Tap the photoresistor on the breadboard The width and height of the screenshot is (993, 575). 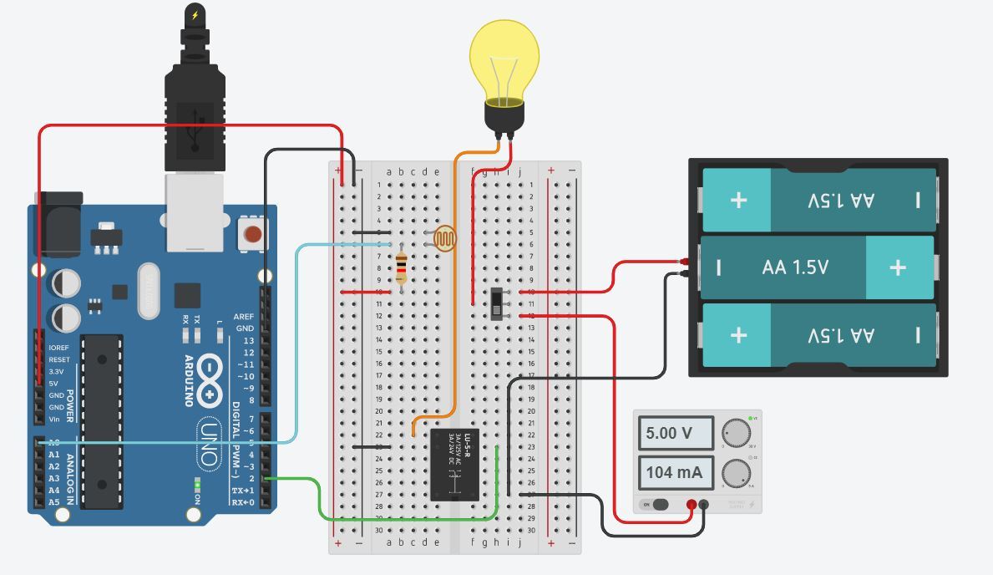(444, 239)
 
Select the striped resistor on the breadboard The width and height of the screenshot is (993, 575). (402, 267)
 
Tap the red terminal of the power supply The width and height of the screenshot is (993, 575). (692, 504)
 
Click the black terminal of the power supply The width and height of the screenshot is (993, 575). (704, 504)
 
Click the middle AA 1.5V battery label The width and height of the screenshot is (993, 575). (795, 267)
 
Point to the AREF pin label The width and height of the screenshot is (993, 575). (244, 318)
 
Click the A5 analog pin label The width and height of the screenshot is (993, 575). (54, 502)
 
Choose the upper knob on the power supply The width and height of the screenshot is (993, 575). (736, 432)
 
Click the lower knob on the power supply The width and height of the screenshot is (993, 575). (736, 473)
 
